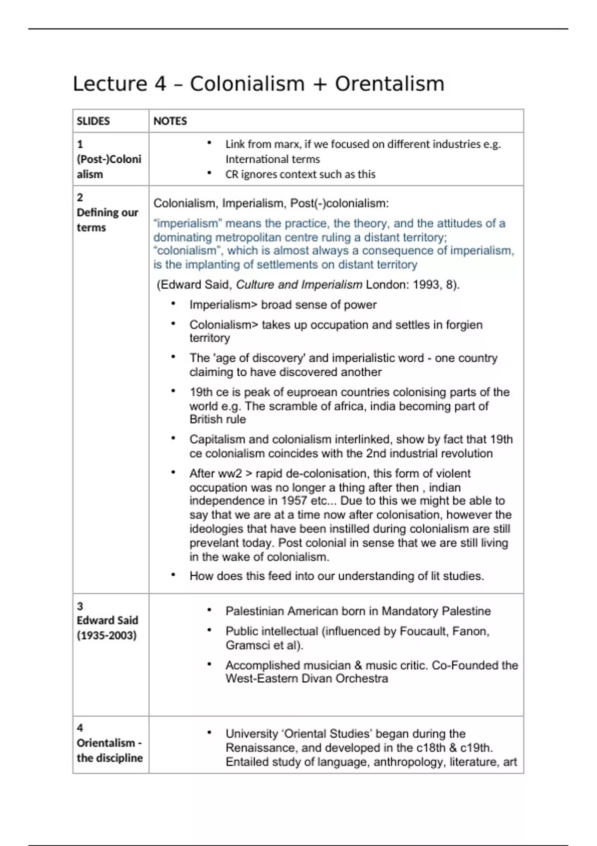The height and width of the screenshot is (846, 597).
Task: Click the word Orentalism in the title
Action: (389, 84)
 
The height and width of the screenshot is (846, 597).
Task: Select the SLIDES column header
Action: (93, 121)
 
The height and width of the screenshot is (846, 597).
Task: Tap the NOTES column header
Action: (170, 121)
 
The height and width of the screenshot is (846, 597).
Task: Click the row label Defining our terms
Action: (107, 212)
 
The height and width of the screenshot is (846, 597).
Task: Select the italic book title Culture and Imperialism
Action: (298, 285)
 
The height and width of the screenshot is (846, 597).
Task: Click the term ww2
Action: (229, 474)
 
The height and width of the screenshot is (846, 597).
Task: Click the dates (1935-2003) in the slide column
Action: (106, 635)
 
